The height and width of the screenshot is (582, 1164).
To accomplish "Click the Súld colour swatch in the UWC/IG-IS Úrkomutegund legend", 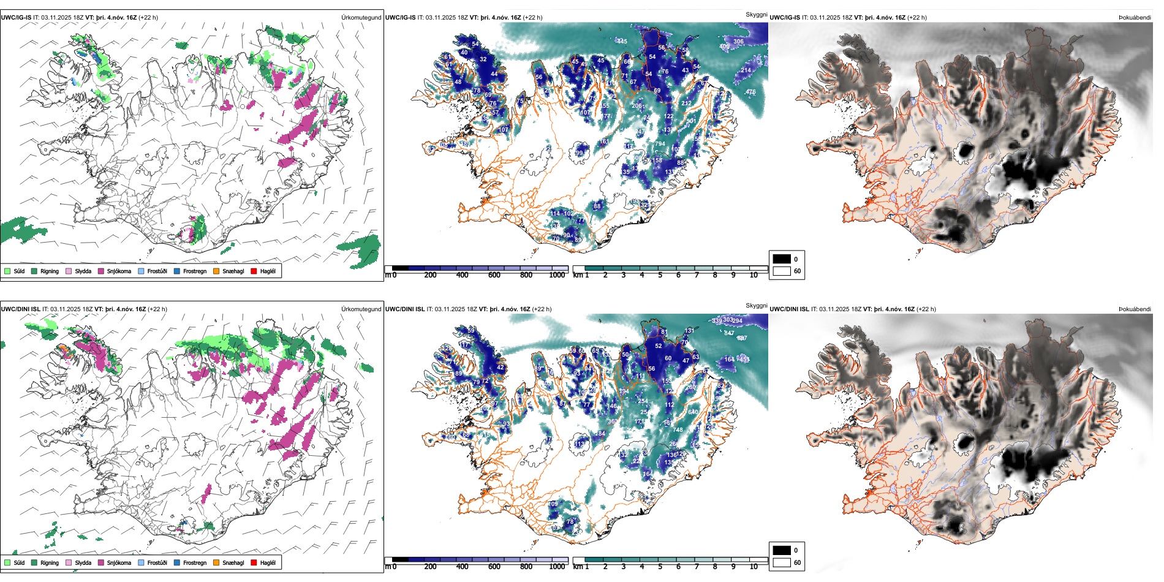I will [7, 271].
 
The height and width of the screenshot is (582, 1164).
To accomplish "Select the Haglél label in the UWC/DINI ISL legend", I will [268, 562].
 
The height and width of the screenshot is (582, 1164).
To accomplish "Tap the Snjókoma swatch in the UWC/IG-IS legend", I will [101, 271].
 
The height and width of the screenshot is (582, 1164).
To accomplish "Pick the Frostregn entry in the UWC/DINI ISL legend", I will [194, 562].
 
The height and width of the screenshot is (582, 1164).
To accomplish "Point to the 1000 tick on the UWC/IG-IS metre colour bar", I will [557, 275].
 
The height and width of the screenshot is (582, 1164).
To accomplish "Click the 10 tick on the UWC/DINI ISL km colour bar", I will [754, 567].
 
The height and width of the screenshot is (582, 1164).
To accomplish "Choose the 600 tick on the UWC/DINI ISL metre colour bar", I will [494, 567].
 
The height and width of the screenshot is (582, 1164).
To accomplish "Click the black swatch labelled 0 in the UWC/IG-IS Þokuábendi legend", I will [782, 259].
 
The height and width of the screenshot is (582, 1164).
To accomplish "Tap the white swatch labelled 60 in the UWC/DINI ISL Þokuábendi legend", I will [782, 562].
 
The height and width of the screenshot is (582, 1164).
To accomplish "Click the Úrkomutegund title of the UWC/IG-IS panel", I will [361, 18].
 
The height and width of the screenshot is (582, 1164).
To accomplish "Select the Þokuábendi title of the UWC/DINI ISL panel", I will [1135, 309].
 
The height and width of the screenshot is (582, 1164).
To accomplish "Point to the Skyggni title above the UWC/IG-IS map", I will [756, 14].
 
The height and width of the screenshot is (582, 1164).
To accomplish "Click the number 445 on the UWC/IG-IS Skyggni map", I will [622, 42].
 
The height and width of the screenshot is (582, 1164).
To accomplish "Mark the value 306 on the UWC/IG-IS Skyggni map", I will [738, 42].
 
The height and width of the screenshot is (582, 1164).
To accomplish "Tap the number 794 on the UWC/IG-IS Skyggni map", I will [660, 144].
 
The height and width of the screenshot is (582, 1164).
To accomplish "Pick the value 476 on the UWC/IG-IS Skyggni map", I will [750, 92].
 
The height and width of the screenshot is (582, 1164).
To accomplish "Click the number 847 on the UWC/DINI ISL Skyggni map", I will [729, 333].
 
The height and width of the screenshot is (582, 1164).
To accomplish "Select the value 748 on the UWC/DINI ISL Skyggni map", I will [678, 430].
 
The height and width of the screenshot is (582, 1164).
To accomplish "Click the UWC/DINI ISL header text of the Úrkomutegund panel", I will [20, 309].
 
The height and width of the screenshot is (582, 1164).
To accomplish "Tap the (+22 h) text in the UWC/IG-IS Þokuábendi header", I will [916, 18].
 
